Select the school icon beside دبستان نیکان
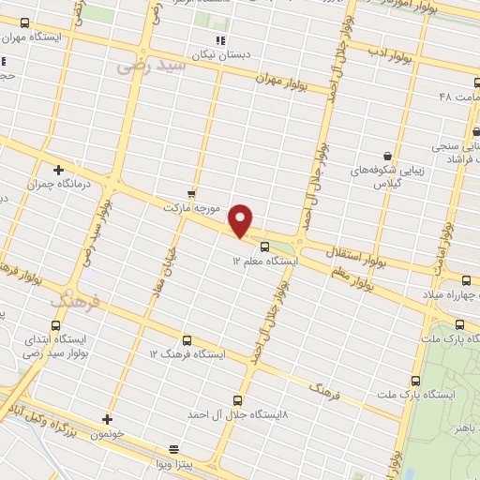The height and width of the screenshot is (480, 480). tap(221, 40)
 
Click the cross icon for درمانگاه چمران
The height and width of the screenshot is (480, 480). tap(59, 170)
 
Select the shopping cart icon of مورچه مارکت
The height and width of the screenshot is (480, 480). tap(192, 192)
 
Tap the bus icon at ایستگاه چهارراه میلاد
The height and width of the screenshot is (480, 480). tap(466, 279)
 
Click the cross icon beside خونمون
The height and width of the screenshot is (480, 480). tap(108, 419)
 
